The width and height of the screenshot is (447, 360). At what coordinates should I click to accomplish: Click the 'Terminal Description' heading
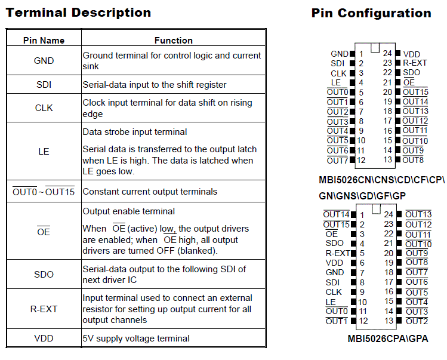pos(78,13)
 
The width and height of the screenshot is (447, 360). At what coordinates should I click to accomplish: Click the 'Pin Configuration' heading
pos(371,13)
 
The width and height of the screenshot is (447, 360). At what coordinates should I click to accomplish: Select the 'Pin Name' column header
pos(44,41)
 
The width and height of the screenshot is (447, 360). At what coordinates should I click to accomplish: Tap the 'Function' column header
pos(173,41)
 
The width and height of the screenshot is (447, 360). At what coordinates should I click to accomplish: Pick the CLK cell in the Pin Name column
pos(44,108)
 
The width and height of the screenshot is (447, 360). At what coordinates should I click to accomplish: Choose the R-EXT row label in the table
pos(44,309)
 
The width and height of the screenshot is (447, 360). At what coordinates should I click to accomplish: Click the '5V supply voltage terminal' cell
pos(136,339)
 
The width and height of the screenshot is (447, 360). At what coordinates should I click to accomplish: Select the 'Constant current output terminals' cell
pos(150,192)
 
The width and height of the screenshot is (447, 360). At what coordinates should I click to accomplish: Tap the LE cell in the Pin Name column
pos(44,151)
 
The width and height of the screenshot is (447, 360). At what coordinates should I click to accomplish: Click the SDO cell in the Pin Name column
pos(44,275)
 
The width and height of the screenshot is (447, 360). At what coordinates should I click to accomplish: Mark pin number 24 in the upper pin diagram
pos(387,54)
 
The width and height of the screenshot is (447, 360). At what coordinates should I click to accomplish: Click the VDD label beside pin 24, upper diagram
pos(412,54)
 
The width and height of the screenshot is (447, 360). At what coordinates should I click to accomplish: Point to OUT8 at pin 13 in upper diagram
pos(413,160)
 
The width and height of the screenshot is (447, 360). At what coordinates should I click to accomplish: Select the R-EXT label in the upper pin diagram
pos(415,63)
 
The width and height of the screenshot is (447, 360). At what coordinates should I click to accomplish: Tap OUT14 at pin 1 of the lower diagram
pos(336,214)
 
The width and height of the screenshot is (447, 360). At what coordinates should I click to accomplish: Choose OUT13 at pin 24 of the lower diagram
pos(418,214)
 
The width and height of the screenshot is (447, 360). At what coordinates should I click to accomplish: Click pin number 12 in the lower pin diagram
pos(362,321)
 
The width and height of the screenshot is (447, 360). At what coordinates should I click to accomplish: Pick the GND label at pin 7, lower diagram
pos(334,272)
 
